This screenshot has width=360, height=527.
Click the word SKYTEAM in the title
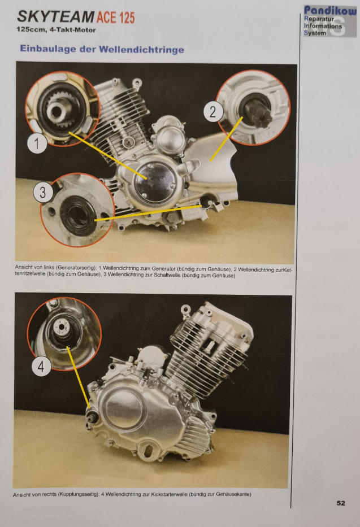click(56, 16)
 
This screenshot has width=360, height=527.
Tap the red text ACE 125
click(116, 18)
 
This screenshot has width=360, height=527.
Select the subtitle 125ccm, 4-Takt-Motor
click(56, 30)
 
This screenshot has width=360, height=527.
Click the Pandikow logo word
click(330, 10)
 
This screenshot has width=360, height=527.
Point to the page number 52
click(341, 503)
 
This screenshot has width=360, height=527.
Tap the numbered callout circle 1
click(37, 143)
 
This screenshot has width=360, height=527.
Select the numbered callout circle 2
click(213, 112)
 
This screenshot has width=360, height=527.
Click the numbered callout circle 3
click(43, 193)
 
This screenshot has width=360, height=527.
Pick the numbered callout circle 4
click(41, 366)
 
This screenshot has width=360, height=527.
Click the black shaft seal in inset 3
click(77, 214)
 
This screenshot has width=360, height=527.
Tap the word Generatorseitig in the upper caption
click(76, 268)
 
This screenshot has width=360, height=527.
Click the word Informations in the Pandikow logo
click(323, 26)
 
